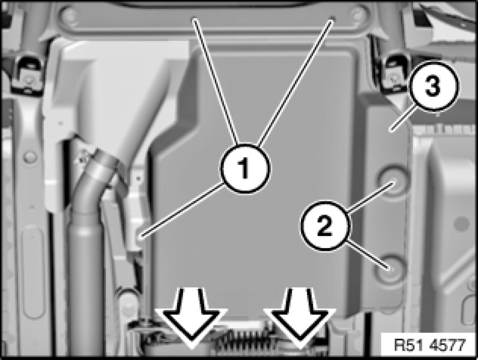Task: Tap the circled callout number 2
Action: click(325, 226)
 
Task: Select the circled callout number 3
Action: click(433, 86)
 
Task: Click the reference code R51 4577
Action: click(430, 345)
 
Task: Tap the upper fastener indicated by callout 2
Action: click(393, 181)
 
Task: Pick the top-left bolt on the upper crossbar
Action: click(69, 15)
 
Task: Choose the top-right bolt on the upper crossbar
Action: click(358, 14)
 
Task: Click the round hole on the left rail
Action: click(30, 157)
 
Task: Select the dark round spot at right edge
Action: click(461, 224)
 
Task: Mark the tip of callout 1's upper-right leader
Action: click(333, 19)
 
